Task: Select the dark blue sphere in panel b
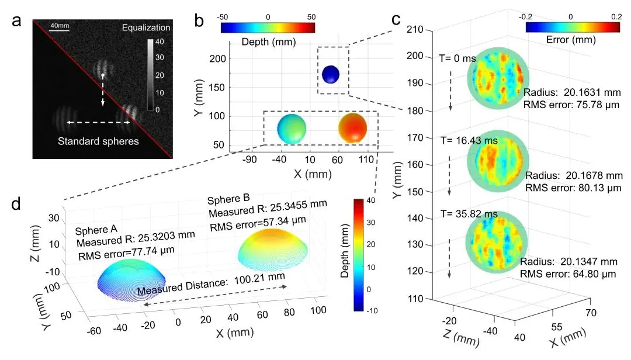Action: coord(330,74)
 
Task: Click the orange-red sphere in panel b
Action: coord(353,128)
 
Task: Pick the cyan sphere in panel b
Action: coord(292,129)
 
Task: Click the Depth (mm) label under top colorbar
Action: coord(268,41)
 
